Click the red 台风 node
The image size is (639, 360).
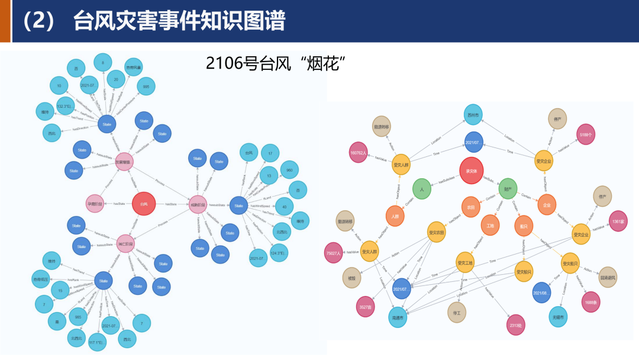144,204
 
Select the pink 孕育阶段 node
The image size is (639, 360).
95,204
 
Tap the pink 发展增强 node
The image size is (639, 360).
123,161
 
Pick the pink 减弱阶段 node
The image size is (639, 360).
198,205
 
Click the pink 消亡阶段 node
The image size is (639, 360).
125,243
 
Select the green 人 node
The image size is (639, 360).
422,189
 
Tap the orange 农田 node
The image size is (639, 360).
471,207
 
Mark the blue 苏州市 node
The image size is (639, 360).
473,114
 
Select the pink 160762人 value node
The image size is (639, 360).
359,152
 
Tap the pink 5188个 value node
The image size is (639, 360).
586,134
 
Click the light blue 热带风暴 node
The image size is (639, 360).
134,67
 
